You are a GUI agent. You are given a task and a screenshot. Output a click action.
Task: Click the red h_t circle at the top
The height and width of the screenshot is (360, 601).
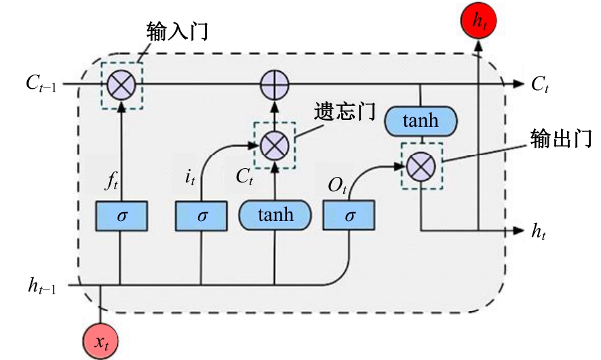pos(479,22)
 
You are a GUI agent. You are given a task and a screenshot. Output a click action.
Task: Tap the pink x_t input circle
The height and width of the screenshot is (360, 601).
pos(101,340)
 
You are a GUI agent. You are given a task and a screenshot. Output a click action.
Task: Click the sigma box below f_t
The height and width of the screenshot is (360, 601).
pos(121,216)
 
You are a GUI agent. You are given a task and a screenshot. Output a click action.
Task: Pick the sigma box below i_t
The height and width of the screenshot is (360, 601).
pos(201,216)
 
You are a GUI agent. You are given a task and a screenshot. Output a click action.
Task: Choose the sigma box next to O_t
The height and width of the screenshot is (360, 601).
pos(349,216)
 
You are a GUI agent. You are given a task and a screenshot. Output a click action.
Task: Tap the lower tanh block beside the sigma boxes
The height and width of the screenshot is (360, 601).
pos(275,216)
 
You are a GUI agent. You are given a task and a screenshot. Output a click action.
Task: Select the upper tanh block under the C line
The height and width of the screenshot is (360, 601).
pos(421,122)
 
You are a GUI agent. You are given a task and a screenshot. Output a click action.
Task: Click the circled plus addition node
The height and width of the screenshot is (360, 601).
pos(275,84)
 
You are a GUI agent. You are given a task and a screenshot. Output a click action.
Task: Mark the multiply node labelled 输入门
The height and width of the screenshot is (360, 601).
pos(121,84)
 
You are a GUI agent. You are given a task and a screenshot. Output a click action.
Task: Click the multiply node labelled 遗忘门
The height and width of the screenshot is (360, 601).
pos(275,144)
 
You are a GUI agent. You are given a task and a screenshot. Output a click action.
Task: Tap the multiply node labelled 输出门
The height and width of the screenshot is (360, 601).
pos(422,165)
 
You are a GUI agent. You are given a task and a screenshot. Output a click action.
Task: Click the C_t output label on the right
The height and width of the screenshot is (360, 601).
pos(539,84)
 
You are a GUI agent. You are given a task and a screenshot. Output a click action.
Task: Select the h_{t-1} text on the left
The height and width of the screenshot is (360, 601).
pos(43,286)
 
